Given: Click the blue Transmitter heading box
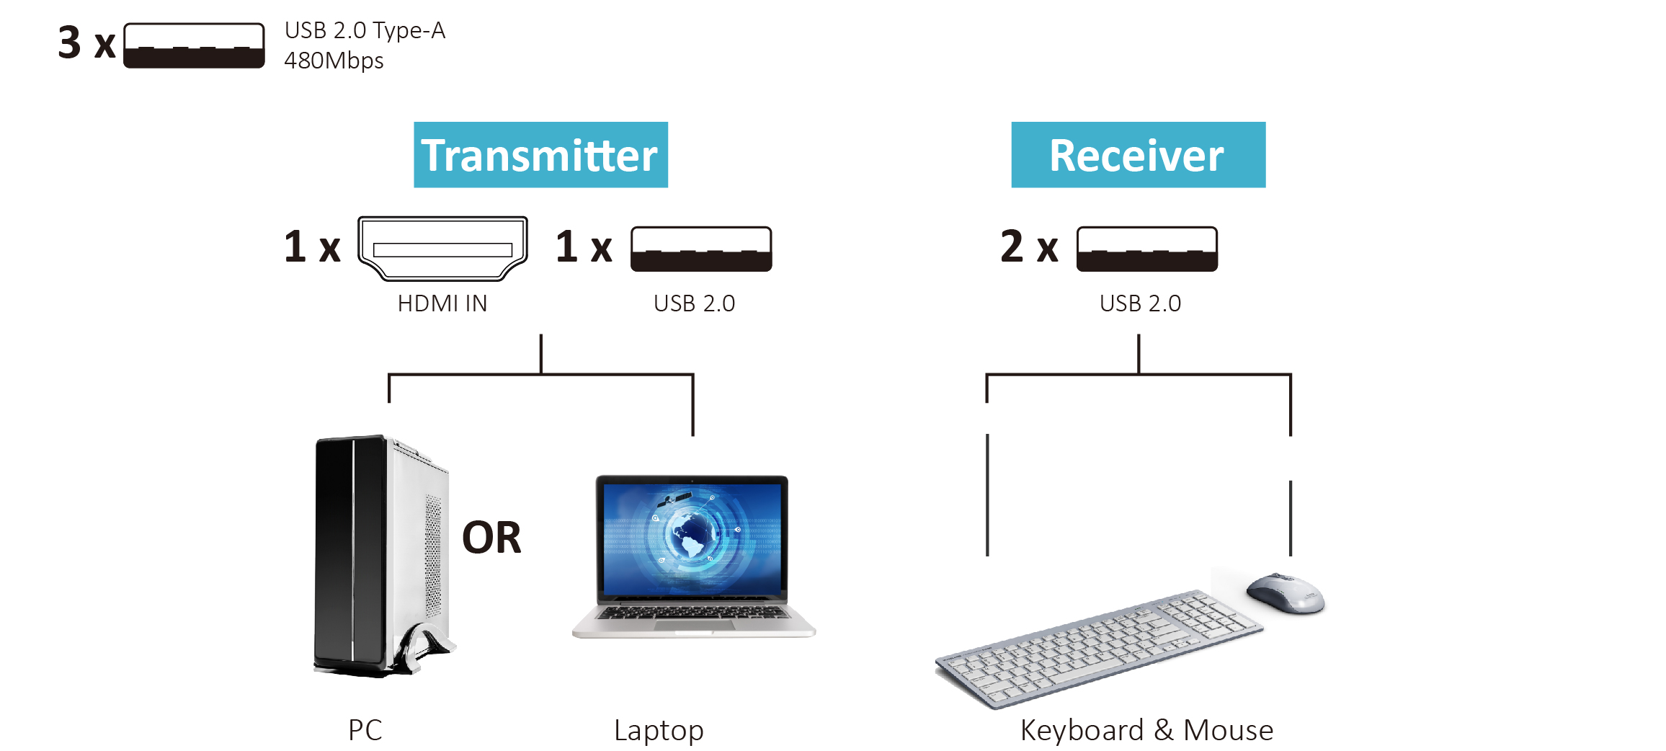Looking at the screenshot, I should [x=540, y=155].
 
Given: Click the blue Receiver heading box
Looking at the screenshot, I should [x=1138, y=155].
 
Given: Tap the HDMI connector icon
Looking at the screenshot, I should [x=442, y=248].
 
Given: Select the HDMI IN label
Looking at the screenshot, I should [x=442, y=303].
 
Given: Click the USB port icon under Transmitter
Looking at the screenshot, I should [x=701, y=249].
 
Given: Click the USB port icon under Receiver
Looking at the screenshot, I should [x=1146, y=249].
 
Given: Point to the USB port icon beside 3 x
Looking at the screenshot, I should [x=194, y=45].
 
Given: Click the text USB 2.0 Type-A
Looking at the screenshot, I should [x=365, y=30].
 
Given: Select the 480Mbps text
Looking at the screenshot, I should [x=334, y=61].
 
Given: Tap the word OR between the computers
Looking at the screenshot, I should [x=491, y=538].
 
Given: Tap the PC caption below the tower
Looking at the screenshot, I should [x=365, y=730].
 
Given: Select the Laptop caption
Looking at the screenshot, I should [x=659, y=731].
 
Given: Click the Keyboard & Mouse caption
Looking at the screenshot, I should [x=1146, y=730].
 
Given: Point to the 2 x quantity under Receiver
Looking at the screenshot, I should [x=1029, y=246].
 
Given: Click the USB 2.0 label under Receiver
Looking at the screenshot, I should [x=1140, y=303].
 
